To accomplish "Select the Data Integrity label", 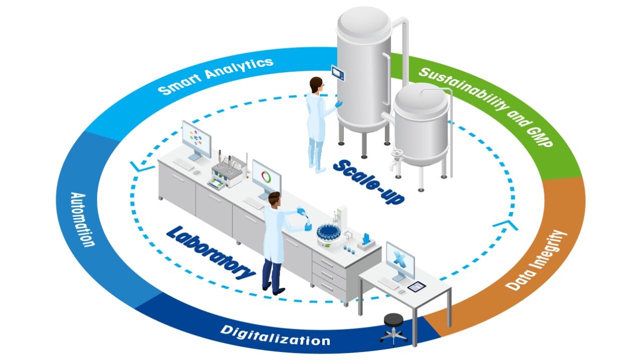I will [536, 260].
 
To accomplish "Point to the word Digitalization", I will [275, 335].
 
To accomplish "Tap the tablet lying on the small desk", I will [416, 286].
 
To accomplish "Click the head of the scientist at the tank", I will [316, 85].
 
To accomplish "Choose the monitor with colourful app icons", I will [195, 138].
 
